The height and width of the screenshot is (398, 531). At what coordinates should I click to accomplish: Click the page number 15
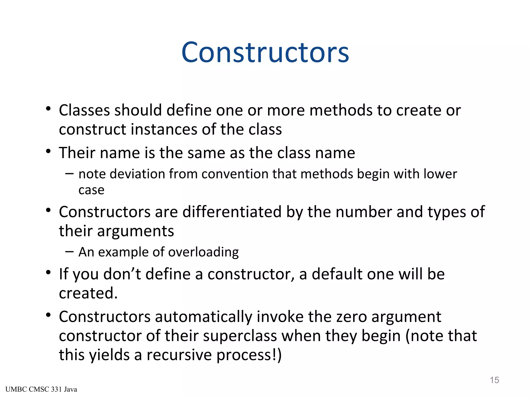(494, 380)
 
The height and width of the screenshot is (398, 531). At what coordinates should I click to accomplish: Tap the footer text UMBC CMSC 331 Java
(41, 389)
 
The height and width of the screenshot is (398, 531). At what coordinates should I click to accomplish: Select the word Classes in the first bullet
(84, 110)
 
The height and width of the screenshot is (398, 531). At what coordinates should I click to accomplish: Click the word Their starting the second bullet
(77, 153)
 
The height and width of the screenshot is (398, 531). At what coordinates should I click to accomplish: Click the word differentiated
(232, 212)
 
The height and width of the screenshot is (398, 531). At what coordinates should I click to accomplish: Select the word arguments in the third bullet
(135, 231)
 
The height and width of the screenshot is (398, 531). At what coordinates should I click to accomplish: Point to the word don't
(122, 274)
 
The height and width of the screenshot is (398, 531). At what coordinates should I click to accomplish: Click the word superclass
(240, 336)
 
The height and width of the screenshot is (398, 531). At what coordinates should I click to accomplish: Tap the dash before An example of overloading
(69, 252)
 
